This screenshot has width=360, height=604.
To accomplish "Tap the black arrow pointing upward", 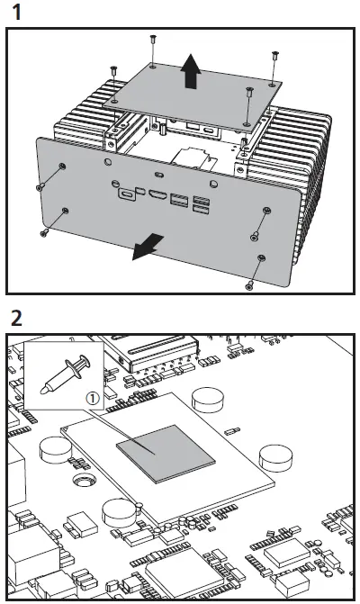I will (190, 72).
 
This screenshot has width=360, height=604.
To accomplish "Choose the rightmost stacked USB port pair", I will (200, 204).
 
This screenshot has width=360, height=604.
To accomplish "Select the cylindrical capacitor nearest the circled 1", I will (209, 397).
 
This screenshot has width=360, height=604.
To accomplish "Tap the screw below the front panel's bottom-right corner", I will (249, 286).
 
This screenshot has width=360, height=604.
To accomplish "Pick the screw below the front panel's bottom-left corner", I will (44, 232).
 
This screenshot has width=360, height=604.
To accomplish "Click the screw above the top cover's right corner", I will (273, 58).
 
